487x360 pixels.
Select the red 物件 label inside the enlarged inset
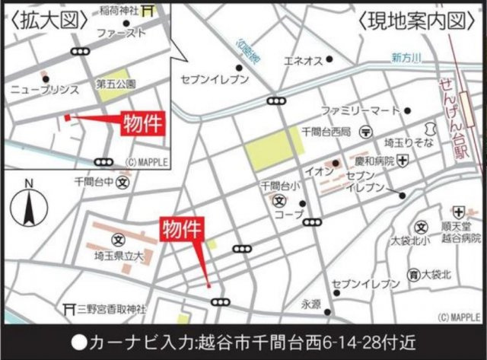point(143,123)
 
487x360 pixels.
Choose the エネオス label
point(303,59)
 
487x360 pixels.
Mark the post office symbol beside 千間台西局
point(367,132)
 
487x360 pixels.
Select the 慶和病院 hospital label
point(373,161)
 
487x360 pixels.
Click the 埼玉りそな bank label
point(407,142)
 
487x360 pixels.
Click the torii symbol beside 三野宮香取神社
point(73,309)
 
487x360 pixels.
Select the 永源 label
point(311,304)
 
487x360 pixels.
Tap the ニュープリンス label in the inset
point(44,89)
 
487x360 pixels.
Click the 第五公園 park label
point(116,83)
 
